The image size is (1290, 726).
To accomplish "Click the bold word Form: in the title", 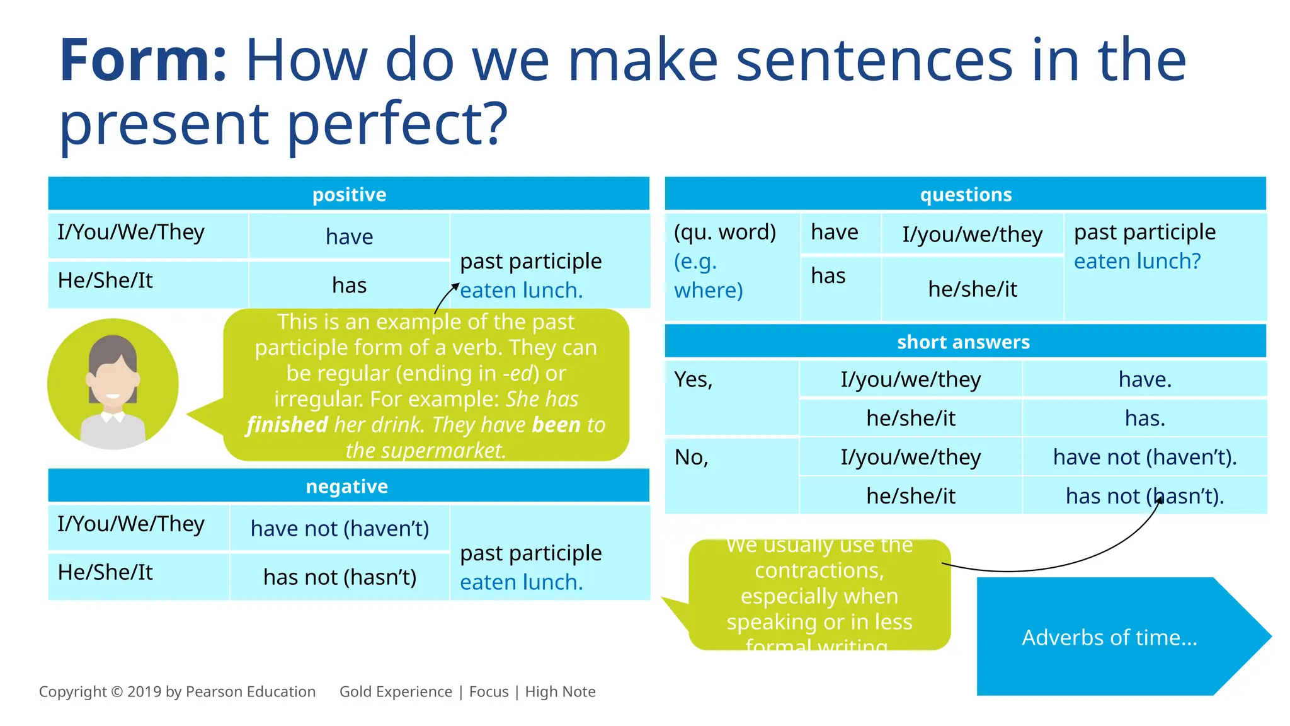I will (143, 60).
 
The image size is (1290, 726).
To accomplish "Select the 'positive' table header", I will (349, 194).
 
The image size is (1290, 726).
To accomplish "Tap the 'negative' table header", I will (346, 486).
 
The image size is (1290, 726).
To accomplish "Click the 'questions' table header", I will (966, 194).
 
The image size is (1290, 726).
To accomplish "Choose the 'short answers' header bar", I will (963, 342).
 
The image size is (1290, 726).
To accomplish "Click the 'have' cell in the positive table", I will (349, 237).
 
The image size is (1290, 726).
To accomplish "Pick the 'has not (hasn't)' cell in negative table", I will (340, 577).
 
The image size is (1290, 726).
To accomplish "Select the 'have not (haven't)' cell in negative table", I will (340, 528).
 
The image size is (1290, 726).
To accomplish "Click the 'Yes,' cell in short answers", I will (694, 379).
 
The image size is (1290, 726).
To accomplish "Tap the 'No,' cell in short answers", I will (692, 457).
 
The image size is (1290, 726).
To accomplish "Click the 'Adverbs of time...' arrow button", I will (1109, 637).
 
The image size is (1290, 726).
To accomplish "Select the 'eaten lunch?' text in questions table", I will (1137, 261).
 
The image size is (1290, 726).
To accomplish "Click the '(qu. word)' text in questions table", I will (725, 232).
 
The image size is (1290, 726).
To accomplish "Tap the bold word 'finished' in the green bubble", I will (287, 425).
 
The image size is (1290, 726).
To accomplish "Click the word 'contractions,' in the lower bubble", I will (819, 570).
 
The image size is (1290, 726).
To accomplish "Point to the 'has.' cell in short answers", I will (1144, 418).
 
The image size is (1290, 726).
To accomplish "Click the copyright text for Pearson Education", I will (177, 691).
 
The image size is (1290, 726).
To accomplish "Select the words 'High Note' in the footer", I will (560, 691).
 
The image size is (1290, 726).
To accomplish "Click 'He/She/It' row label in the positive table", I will (105, 280).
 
